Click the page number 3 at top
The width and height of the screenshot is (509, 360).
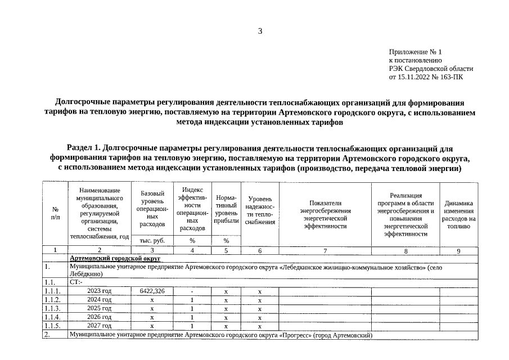click(x=260, y=31)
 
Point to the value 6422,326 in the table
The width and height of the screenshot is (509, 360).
click(x=152, y=291)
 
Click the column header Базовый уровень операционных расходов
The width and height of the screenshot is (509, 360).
click(x=152, y=208)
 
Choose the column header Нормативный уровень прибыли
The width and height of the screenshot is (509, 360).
click(x=226, y=210)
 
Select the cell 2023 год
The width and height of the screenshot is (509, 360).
click(x=100, y=291)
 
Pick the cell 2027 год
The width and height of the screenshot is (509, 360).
click(x=100, y=326)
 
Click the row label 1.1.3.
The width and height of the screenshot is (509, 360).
click(x=52, y=309)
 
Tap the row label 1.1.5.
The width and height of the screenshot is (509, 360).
click(x=52, y=326)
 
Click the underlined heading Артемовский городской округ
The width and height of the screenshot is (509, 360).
click(x=115, y=258)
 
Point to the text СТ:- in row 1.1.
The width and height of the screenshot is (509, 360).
click(x=76, y=282)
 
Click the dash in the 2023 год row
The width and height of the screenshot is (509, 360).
click(x=192, y=291)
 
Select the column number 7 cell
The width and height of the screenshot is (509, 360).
click(x=325, y=251)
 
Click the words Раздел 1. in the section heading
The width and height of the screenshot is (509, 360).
click(x=84, y=149)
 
